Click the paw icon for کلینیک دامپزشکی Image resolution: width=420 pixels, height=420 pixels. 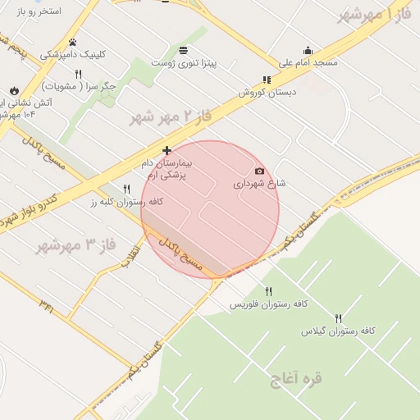click(72, 42)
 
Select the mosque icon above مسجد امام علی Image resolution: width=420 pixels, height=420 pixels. click(308, 50)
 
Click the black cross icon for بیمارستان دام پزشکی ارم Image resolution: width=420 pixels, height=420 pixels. click(167, 150)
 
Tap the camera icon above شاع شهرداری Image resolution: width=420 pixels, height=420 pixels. click(260, 171)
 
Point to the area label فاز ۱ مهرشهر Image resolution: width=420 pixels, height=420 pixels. click(374, 14)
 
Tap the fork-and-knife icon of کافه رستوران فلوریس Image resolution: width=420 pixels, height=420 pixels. click(268, 291)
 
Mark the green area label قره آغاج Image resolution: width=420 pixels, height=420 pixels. click(297, 378)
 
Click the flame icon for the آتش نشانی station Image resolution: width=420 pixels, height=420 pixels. click(14, 91)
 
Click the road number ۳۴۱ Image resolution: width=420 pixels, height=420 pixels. click(46, 306)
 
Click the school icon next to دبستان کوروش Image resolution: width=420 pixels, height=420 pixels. click(266, 80)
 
